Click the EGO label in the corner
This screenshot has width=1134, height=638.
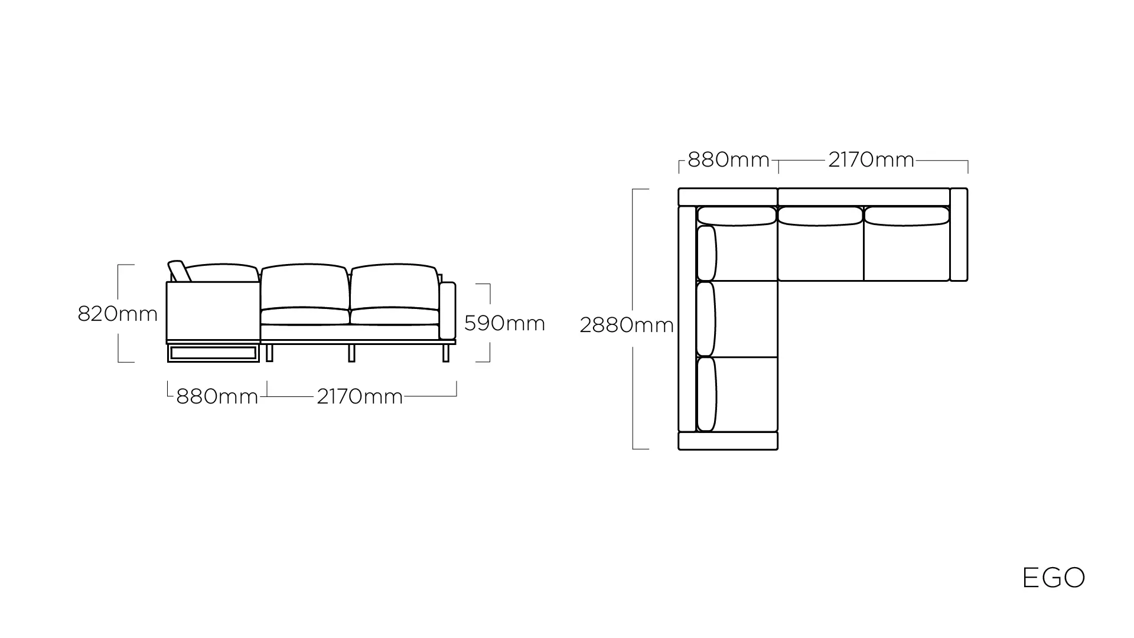(1054, 578)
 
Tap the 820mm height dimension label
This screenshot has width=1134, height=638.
(118, 314)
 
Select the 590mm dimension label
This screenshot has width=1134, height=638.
(504, 323)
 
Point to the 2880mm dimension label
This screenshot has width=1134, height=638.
(627, 325)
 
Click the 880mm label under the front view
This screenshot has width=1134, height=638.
(217, 396)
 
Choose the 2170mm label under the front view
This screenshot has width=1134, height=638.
(360, 396)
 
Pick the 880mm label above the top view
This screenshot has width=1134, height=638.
(729, 159)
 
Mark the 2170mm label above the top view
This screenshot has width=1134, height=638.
(871, 159)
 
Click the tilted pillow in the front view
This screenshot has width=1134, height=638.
(178, 271)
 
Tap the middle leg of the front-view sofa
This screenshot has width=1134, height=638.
(351, 353)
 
